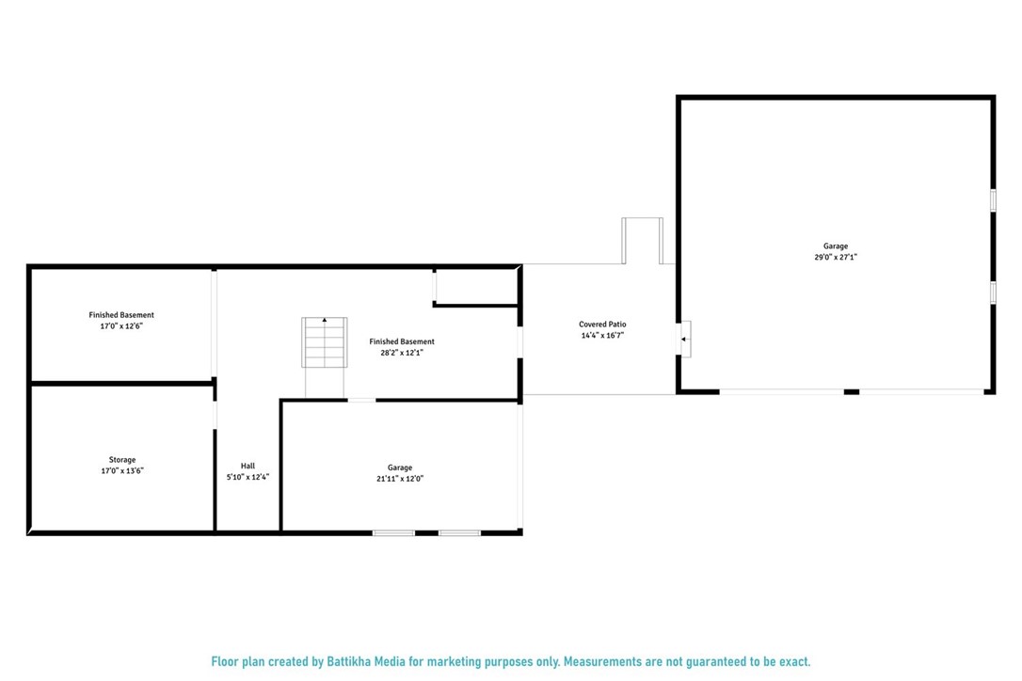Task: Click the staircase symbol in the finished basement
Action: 324,343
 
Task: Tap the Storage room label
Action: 121,460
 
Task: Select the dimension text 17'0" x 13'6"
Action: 121,470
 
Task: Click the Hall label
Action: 248,466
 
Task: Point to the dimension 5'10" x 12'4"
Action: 248,477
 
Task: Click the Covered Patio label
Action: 602,325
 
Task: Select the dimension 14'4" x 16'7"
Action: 602,335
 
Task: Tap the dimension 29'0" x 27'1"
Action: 836,257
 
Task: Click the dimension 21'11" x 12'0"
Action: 400,478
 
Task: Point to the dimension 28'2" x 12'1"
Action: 402,353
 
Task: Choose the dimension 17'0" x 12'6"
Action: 121,325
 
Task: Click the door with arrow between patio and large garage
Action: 685,339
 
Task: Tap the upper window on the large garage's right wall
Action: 993,200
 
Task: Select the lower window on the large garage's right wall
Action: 993,292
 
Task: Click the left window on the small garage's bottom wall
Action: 393,533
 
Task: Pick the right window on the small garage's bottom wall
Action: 459,533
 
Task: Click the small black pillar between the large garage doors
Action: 851,391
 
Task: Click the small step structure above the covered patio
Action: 642,241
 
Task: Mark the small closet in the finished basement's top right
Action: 475,286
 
